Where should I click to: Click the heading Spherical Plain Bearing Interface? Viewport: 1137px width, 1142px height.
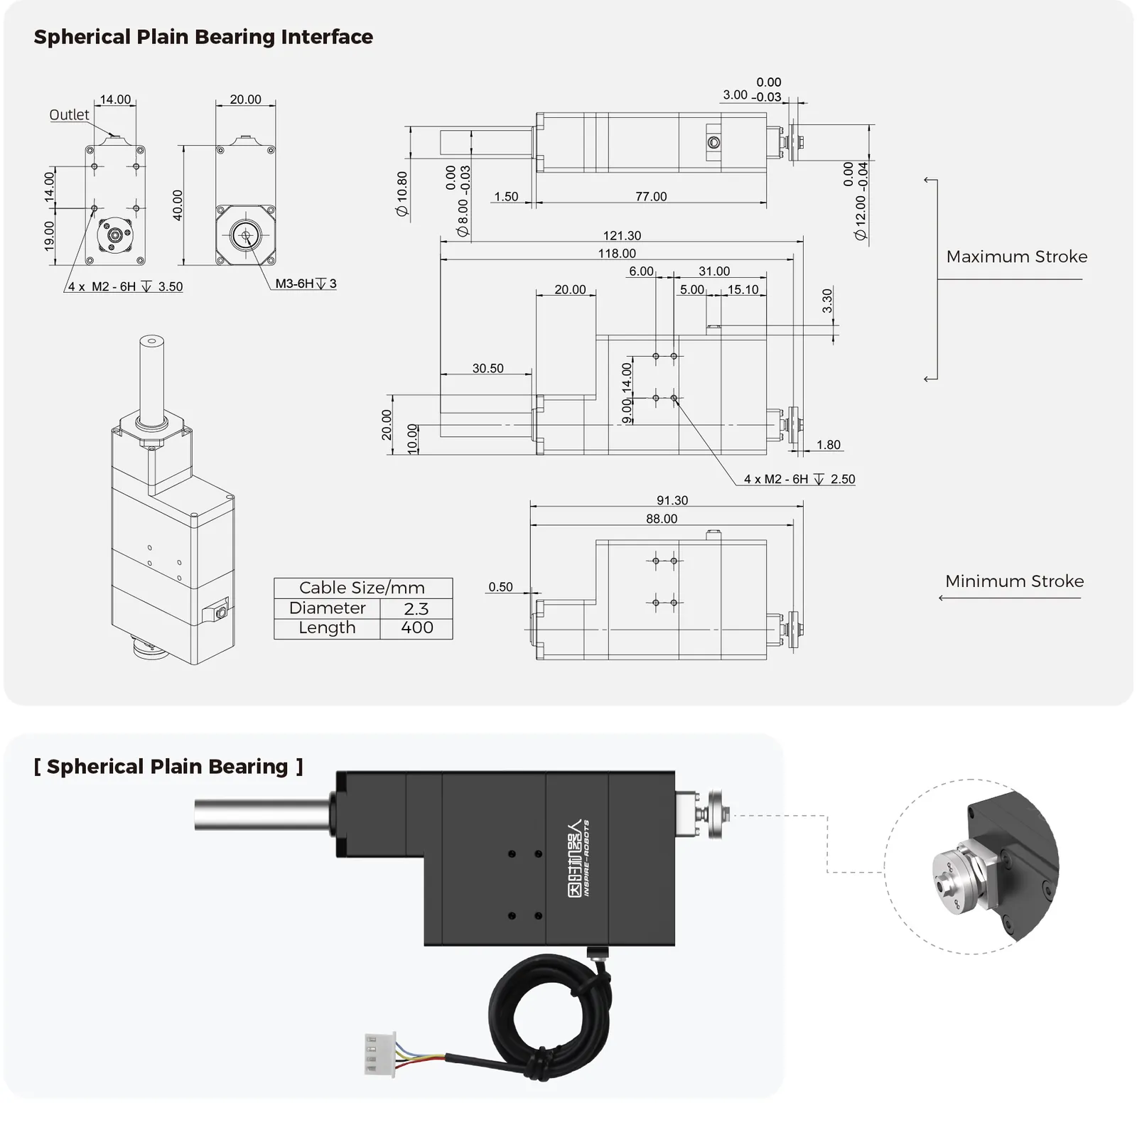pos(203,37)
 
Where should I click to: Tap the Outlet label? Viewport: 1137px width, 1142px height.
pos(69,114)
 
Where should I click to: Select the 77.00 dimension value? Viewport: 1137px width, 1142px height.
pos(651,196)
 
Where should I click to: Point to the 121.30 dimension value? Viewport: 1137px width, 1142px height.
pos(622,235)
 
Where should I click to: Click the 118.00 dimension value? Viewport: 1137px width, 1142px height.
pos(617,253)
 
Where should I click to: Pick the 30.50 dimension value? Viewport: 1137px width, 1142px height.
pos(487,368)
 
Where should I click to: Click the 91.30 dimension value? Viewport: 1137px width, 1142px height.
pos(672,500)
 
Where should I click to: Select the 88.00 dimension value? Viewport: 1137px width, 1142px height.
pos(662,519)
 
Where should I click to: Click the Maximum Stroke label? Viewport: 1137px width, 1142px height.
pos(1016,257)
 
